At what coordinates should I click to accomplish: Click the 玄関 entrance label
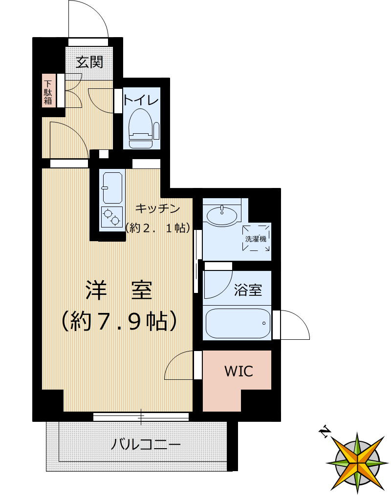click(90, 62)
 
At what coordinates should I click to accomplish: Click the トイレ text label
click(141, 100)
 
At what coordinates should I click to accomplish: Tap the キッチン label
click(157, 208)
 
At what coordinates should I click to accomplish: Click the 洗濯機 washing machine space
click(256, 239)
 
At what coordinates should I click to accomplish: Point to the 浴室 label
click(248, 290)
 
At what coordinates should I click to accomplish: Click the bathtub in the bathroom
click(238, 322)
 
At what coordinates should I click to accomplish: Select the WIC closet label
click(239, 371)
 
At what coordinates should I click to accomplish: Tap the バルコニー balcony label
click(146, 445)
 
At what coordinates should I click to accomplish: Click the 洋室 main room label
click(119, 291)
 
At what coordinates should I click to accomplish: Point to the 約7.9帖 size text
click(119, 321)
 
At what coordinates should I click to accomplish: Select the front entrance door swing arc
click(88, 20)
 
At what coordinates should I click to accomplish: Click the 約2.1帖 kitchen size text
click(157, 228)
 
